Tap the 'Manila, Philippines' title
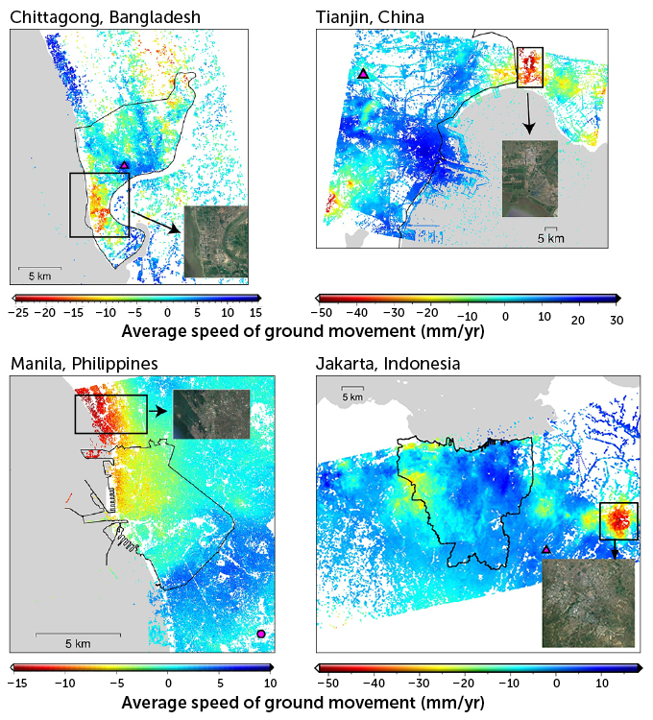(x=84, y=364)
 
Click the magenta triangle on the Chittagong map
(x=124, y=165)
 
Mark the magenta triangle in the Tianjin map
(x=362, y=74)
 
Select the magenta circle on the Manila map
(x=261, y=634)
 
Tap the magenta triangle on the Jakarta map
(x=546, y=549)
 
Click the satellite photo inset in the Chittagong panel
(x=215, y=241)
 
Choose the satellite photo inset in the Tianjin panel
(x=529, y=179)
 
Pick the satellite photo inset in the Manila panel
(x=211, y=415)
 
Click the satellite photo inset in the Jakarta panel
(x=588, y=604)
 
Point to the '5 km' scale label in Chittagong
(x=39, y=276)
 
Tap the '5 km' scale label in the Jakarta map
(x=352, y=396)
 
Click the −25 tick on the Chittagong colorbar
(x=18, y=313)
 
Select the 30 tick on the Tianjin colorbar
(x=616, y=319)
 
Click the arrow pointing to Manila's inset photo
(x=158, y=410)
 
